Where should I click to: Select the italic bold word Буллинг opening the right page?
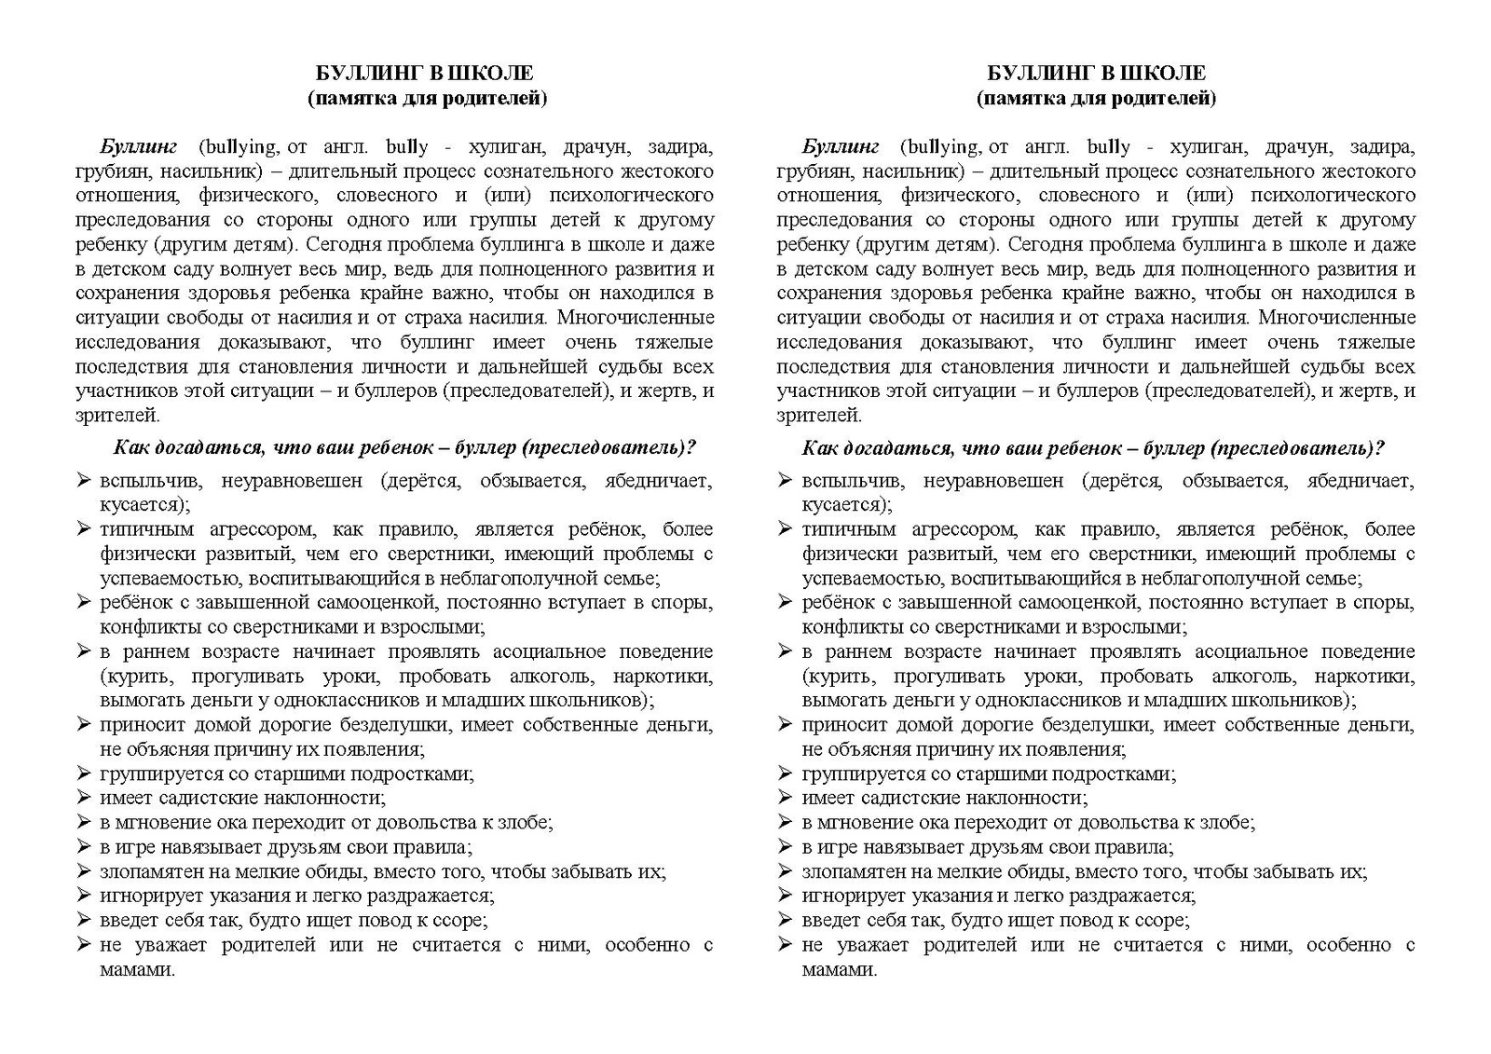(841, 147)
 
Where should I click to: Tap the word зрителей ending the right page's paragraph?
(818, 416)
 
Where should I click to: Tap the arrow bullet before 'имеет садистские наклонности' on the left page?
(83, 798)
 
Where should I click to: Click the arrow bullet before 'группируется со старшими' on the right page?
(785, 773)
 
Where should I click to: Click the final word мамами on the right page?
(837, 970)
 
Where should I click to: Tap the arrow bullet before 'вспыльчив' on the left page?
(83, 481)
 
